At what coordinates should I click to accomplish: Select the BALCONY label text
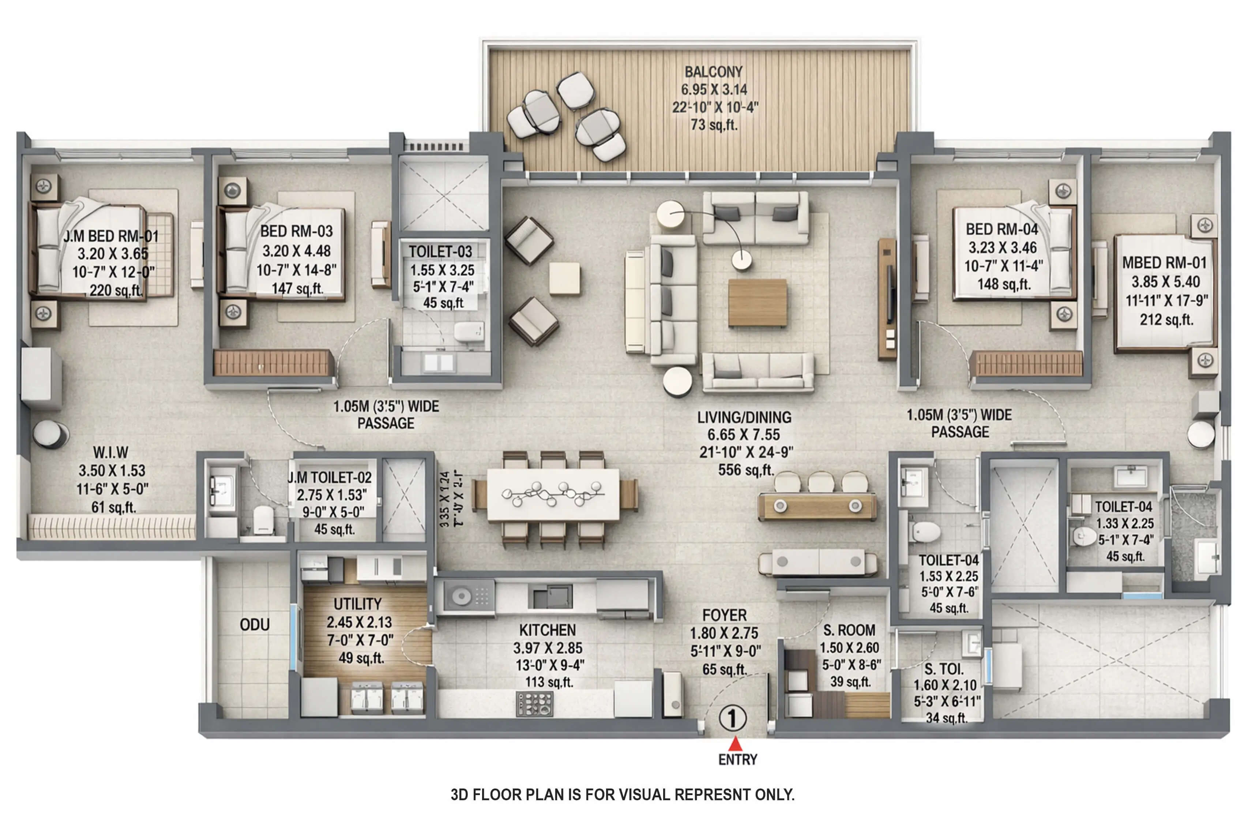click(x=713, y=72)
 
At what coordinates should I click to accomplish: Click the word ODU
click(x=255, y=625)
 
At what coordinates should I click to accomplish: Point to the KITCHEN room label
click(x=547, y=630)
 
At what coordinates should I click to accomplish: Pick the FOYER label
click(x=724, y=615)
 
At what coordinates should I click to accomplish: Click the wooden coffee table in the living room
click(x=757, y=303)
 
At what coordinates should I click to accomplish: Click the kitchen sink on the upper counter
click(x=552, y=596)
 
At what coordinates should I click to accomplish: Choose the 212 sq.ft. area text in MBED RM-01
click(x=1166, y=320)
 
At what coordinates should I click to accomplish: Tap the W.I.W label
click(x=111, y=453)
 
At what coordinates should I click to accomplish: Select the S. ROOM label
click(x=849, y=630)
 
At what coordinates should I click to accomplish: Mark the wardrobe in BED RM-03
click(x=273, y=363)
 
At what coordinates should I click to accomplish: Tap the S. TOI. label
click(x=944, y=669)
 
